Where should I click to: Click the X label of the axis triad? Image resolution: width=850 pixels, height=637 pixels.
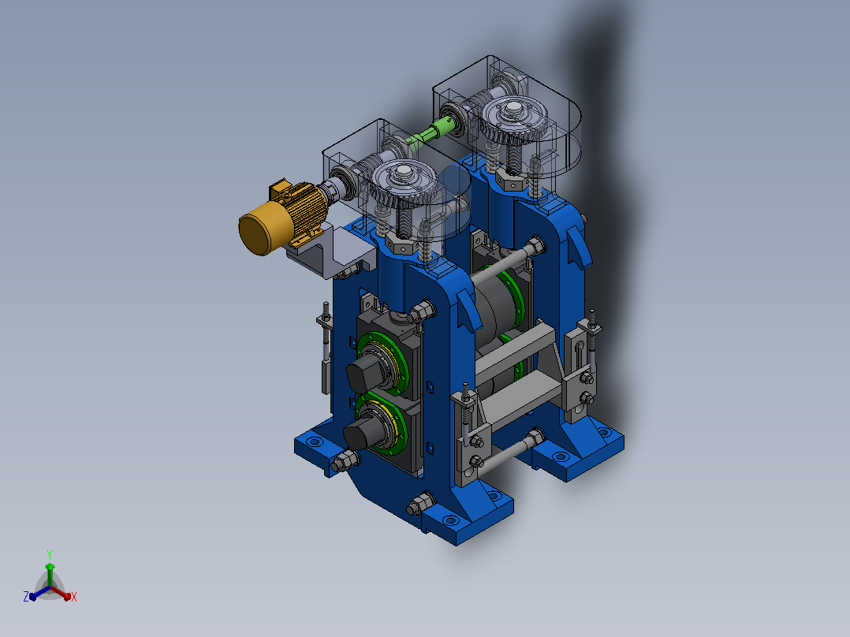tap(74, 597)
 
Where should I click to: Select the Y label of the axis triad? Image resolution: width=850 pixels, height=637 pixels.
tap(50, 554)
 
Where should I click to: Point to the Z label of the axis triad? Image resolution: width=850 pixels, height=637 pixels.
tap(26, 596)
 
